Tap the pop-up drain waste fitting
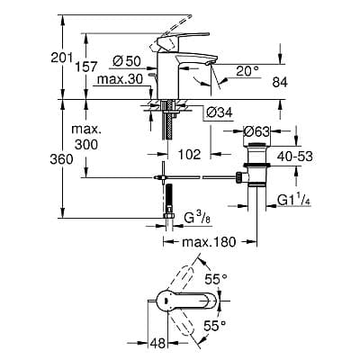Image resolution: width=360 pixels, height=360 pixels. pos(256,168)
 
